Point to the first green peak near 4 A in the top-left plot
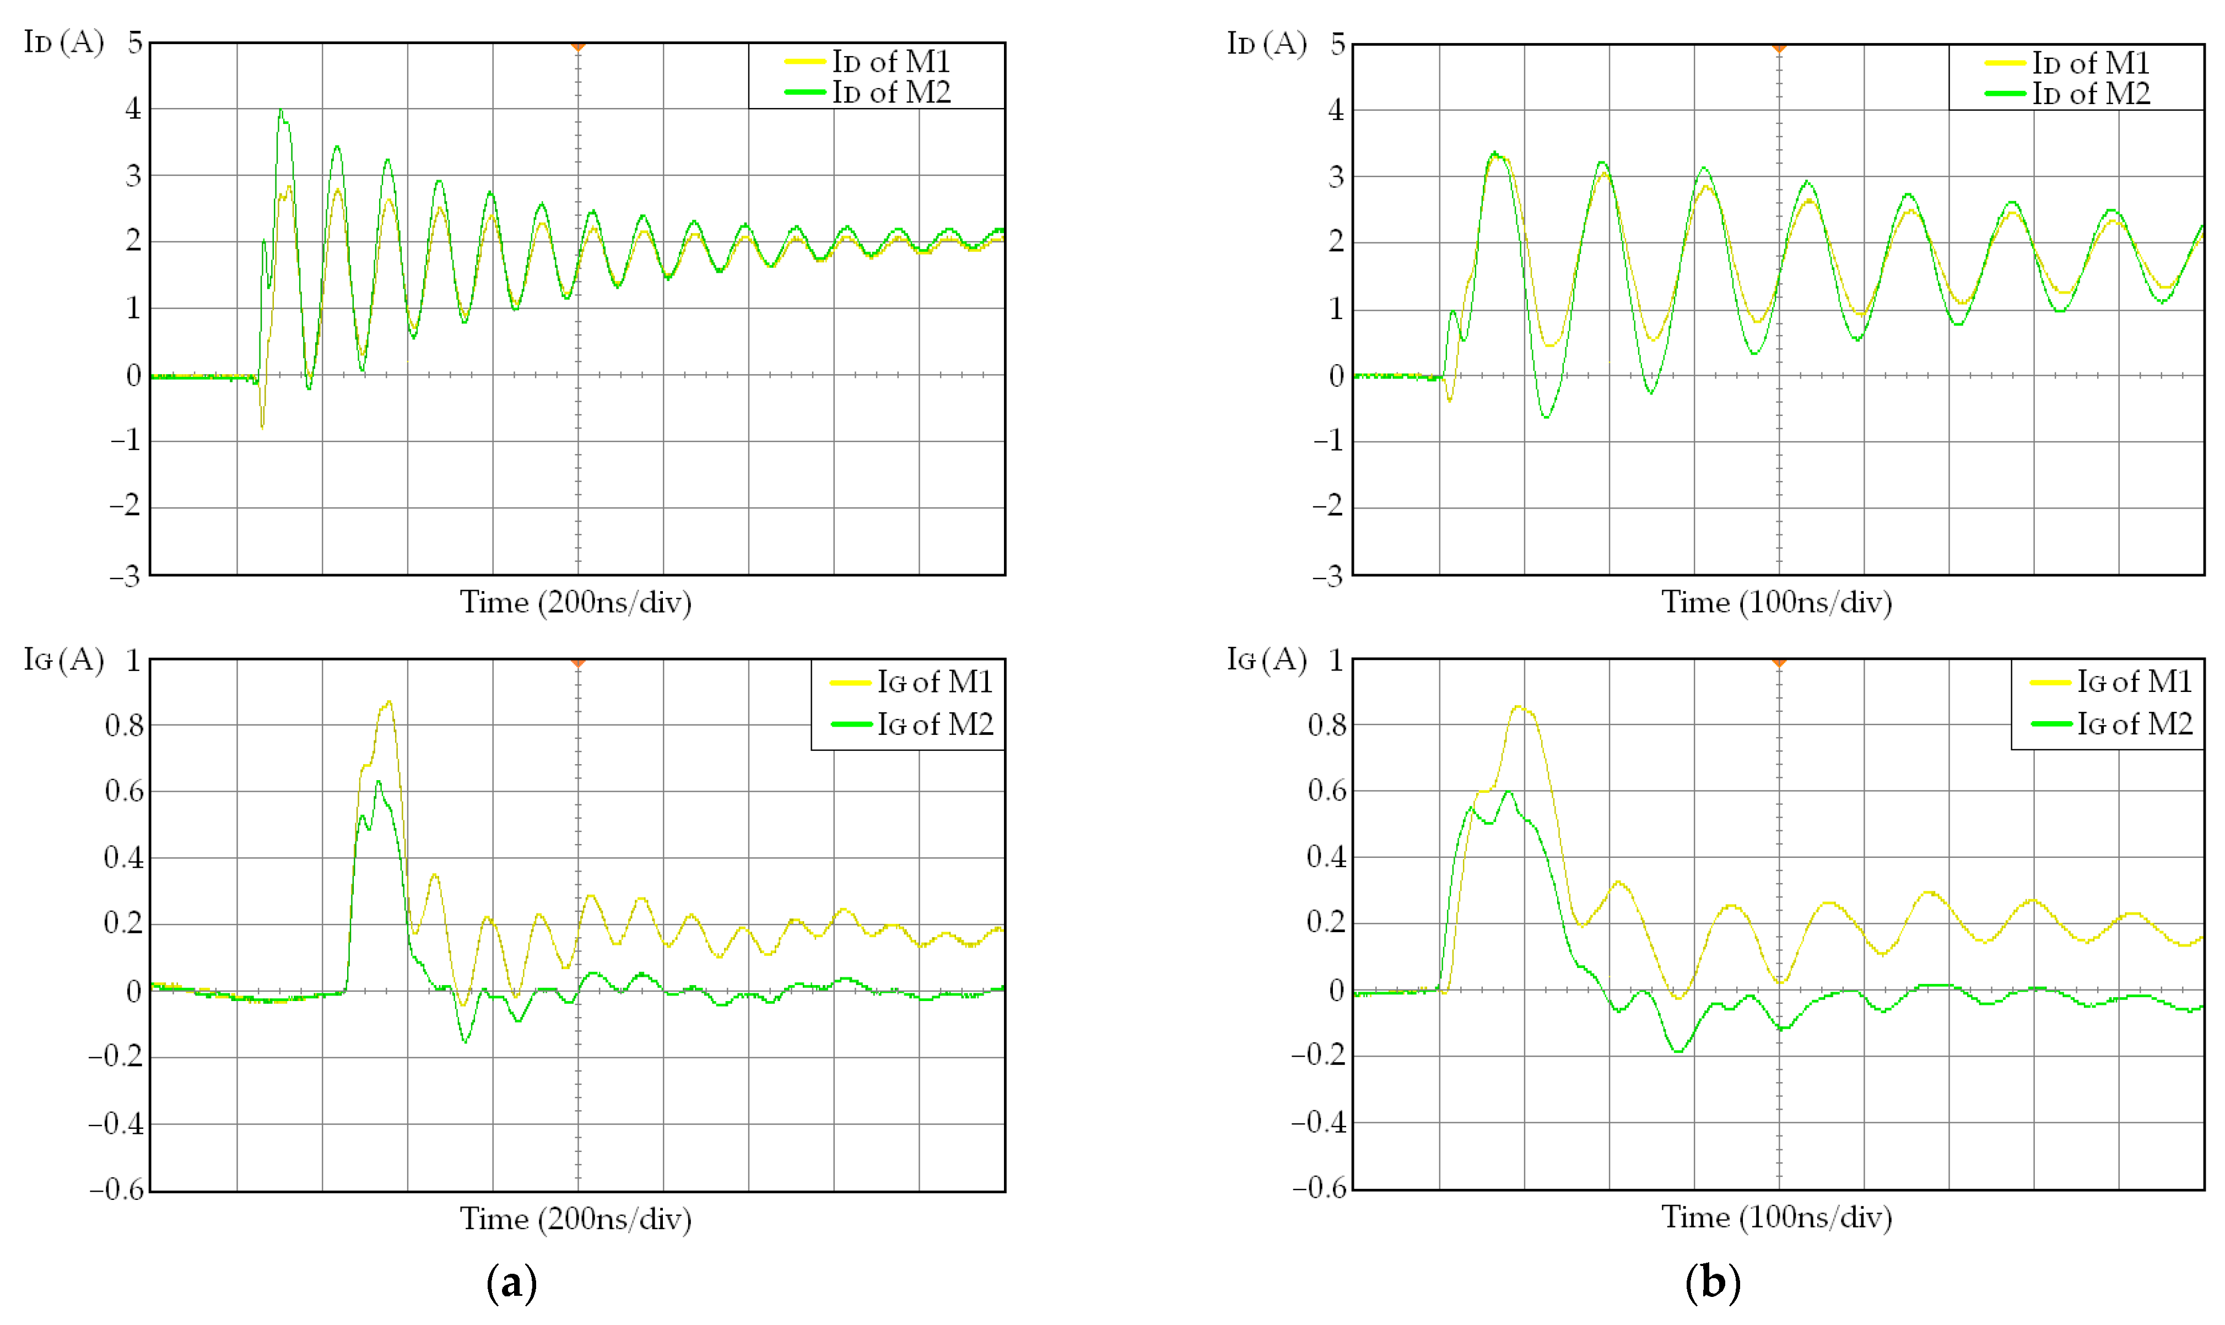coord(281,112)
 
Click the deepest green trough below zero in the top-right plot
coord(1546,417)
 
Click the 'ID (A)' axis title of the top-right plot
coord(1266,43)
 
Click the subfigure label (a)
coord(511,1283)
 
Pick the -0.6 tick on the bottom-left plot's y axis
coord(116,1189)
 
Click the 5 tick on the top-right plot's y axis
coord(1337,44)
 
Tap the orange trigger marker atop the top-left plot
coord(577,46)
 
